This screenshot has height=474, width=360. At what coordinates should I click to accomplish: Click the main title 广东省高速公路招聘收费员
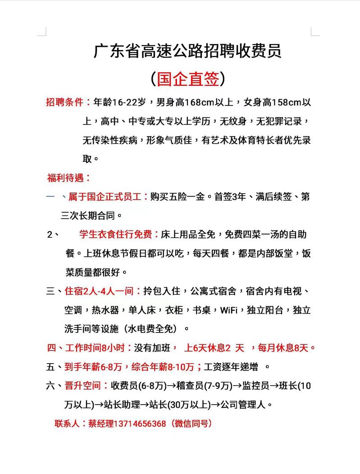coord(187,50)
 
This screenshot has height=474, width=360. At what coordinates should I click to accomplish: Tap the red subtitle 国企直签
coord(187,79)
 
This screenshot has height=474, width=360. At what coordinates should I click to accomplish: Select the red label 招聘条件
coord(68,102)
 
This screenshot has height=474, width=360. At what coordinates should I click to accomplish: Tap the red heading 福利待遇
coord(68,178)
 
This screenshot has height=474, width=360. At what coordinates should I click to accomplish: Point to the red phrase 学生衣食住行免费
coord(118,234)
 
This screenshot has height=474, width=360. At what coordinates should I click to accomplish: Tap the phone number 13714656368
coord(140,424)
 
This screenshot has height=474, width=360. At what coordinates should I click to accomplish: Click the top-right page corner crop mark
coord(314,32)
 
